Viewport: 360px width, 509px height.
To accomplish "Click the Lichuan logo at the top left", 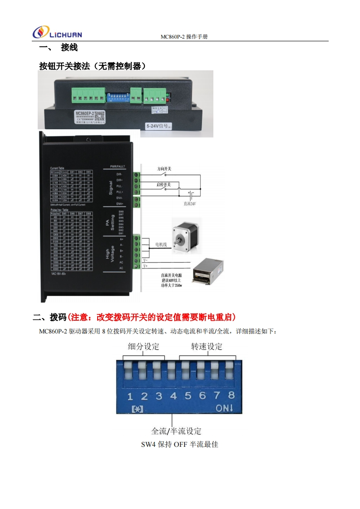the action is (x=57, y=33).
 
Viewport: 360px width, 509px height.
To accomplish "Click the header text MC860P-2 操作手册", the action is (x=184, y=37).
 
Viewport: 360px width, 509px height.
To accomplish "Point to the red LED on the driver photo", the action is (x=168, y=99).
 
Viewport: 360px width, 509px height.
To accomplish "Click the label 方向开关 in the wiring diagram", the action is (x=164, y=168).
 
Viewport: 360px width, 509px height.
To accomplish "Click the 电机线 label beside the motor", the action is (x=161, y=245).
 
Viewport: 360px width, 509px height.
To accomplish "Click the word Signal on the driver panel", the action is (x=110, y=187).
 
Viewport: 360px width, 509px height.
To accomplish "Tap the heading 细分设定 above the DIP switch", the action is (x=144, y=347).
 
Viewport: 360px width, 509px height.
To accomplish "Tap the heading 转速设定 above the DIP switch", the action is (x=207, y=347).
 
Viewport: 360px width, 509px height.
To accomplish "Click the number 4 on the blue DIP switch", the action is (x=173, y=396).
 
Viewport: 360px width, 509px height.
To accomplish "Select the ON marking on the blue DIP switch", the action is (x=224, y=408).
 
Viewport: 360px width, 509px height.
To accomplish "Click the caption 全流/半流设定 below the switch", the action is (x=176, y=431).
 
